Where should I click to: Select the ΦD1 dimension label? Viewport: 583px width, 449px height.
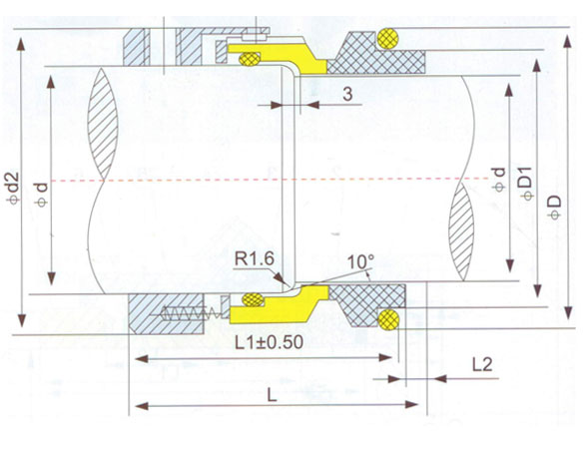[x=527, y=184]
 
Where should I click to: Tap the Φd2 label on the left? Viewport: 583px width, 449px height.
[x=13, y=188]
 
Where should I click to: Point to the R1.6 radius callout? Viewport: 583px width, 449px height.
[x=255, y=258]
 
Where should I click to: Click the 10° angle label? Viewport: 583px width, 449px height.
[x=360, y=261]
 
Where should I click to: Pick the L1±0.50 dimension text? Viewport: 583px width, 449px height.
[x=269, y=342]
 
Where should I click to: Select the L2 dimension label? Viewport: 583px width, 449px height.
[x=482, y=364]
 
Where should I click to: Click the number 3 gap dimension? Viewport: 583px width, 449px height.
[x=347, y=94]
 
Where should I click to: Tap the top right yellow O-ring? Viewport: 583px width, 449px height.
[x=387, y=39]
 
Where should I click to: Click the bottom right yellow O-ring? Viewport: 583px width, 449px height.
[x=388, y=318]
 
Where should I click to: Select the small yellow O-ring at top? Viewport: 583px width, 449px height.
[x=250, y=59]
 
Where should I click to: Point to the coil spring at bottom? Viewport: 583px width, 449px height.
[x=186, y=314]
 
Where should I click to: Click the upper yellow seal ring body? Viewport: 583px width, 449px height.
[x=283, y=57]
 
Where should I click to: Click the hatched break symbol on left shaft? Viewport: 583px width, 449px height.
[x=102, y=124]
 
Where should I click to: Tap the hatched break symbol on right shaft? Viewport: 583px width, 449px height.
[x=461, y=231]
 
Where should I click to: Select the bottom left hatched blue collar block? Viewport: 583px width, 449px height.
[x=166, y=313]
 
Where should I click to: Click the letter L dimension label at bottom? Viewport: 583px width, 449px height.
[x=273, y=395]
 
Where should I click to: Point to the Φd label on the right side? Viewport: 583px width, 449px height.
[x=498, y=180]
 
